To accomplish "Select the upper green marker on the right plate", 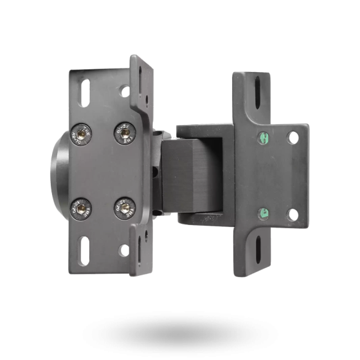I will pyautogui.click(x=263, y=137).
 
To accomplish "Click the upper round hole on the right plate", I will pyautogui.click(x=293, y=138).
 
